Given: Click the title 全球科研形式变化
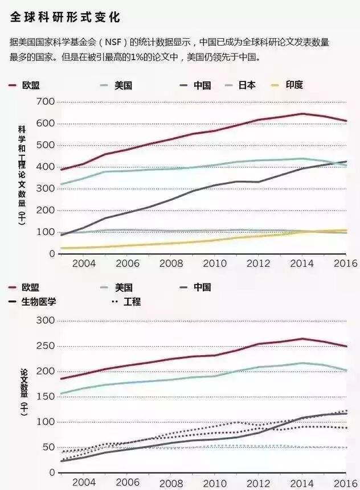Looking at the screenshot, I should click(x=65, y=18).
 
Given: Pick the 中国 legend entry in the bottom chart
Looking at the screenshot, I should click(x=202, y=287).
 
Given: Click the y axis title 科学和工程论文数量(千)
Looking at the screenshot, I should click(x=22, y=174).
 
